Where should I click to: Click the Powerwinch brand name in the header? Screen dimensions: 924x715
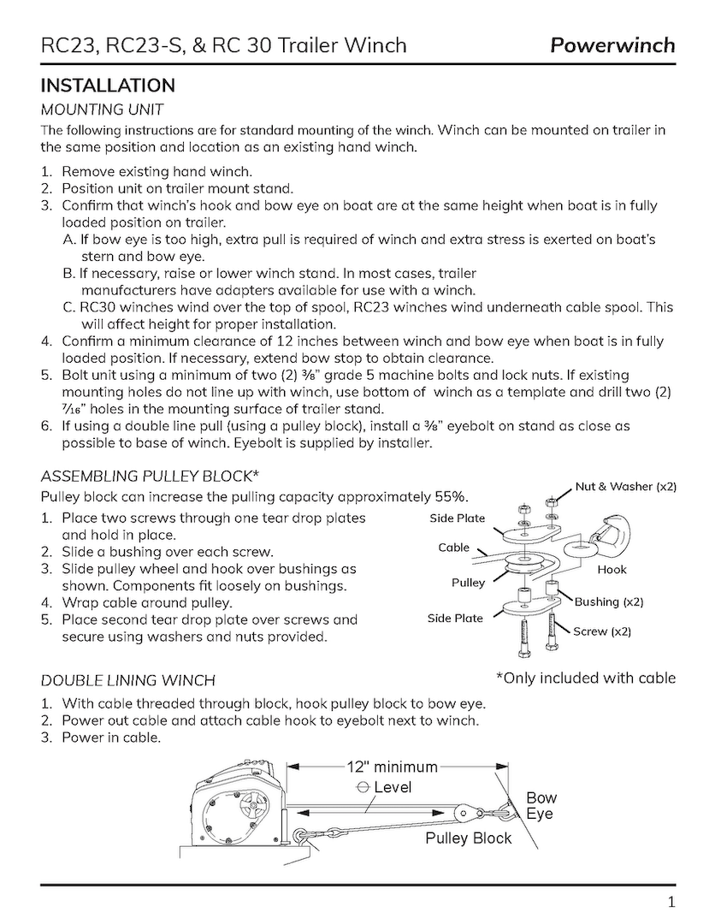click(612, 44)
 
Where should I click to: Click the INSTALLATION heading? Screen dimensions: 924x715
click(108, 86)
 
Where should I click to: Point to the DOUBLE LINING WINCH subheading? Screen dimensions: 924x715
click(128, 681)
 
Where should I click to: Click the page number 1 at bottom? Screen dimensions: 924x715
click(671, 901)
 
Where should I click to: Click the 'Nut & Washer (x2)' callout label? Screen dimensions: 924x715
click(625, 487)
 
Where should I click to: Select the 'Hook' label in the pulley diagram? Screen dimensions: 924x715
click(612, 569)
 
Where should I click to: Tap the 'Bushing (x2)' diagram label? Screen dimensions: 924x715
click(608, 602)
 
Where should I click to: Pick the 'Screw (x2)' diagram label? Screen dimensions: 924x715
click(602, 631)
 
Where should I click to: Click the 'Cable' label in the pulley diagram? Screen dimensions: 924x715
click(453, 548)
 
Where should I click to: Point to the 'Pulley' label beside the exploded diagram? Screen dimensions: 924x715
click(468, 583)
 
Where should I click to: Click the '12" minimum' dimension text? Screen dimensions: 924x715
click(392, 767)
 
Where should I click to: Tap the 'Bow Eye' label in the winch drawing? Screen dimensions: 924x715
click(540, 806)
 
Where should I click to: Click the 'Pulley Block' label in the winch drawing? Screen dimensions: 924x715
click(468, 838)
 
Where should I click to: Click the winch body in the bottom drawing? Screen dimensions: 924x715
click(234, 808)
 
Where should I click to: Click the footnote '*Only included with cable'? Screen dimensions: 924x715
click(585, 678)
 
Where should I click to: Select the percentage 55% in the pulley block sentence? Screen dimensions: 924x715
click(450, 497)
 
